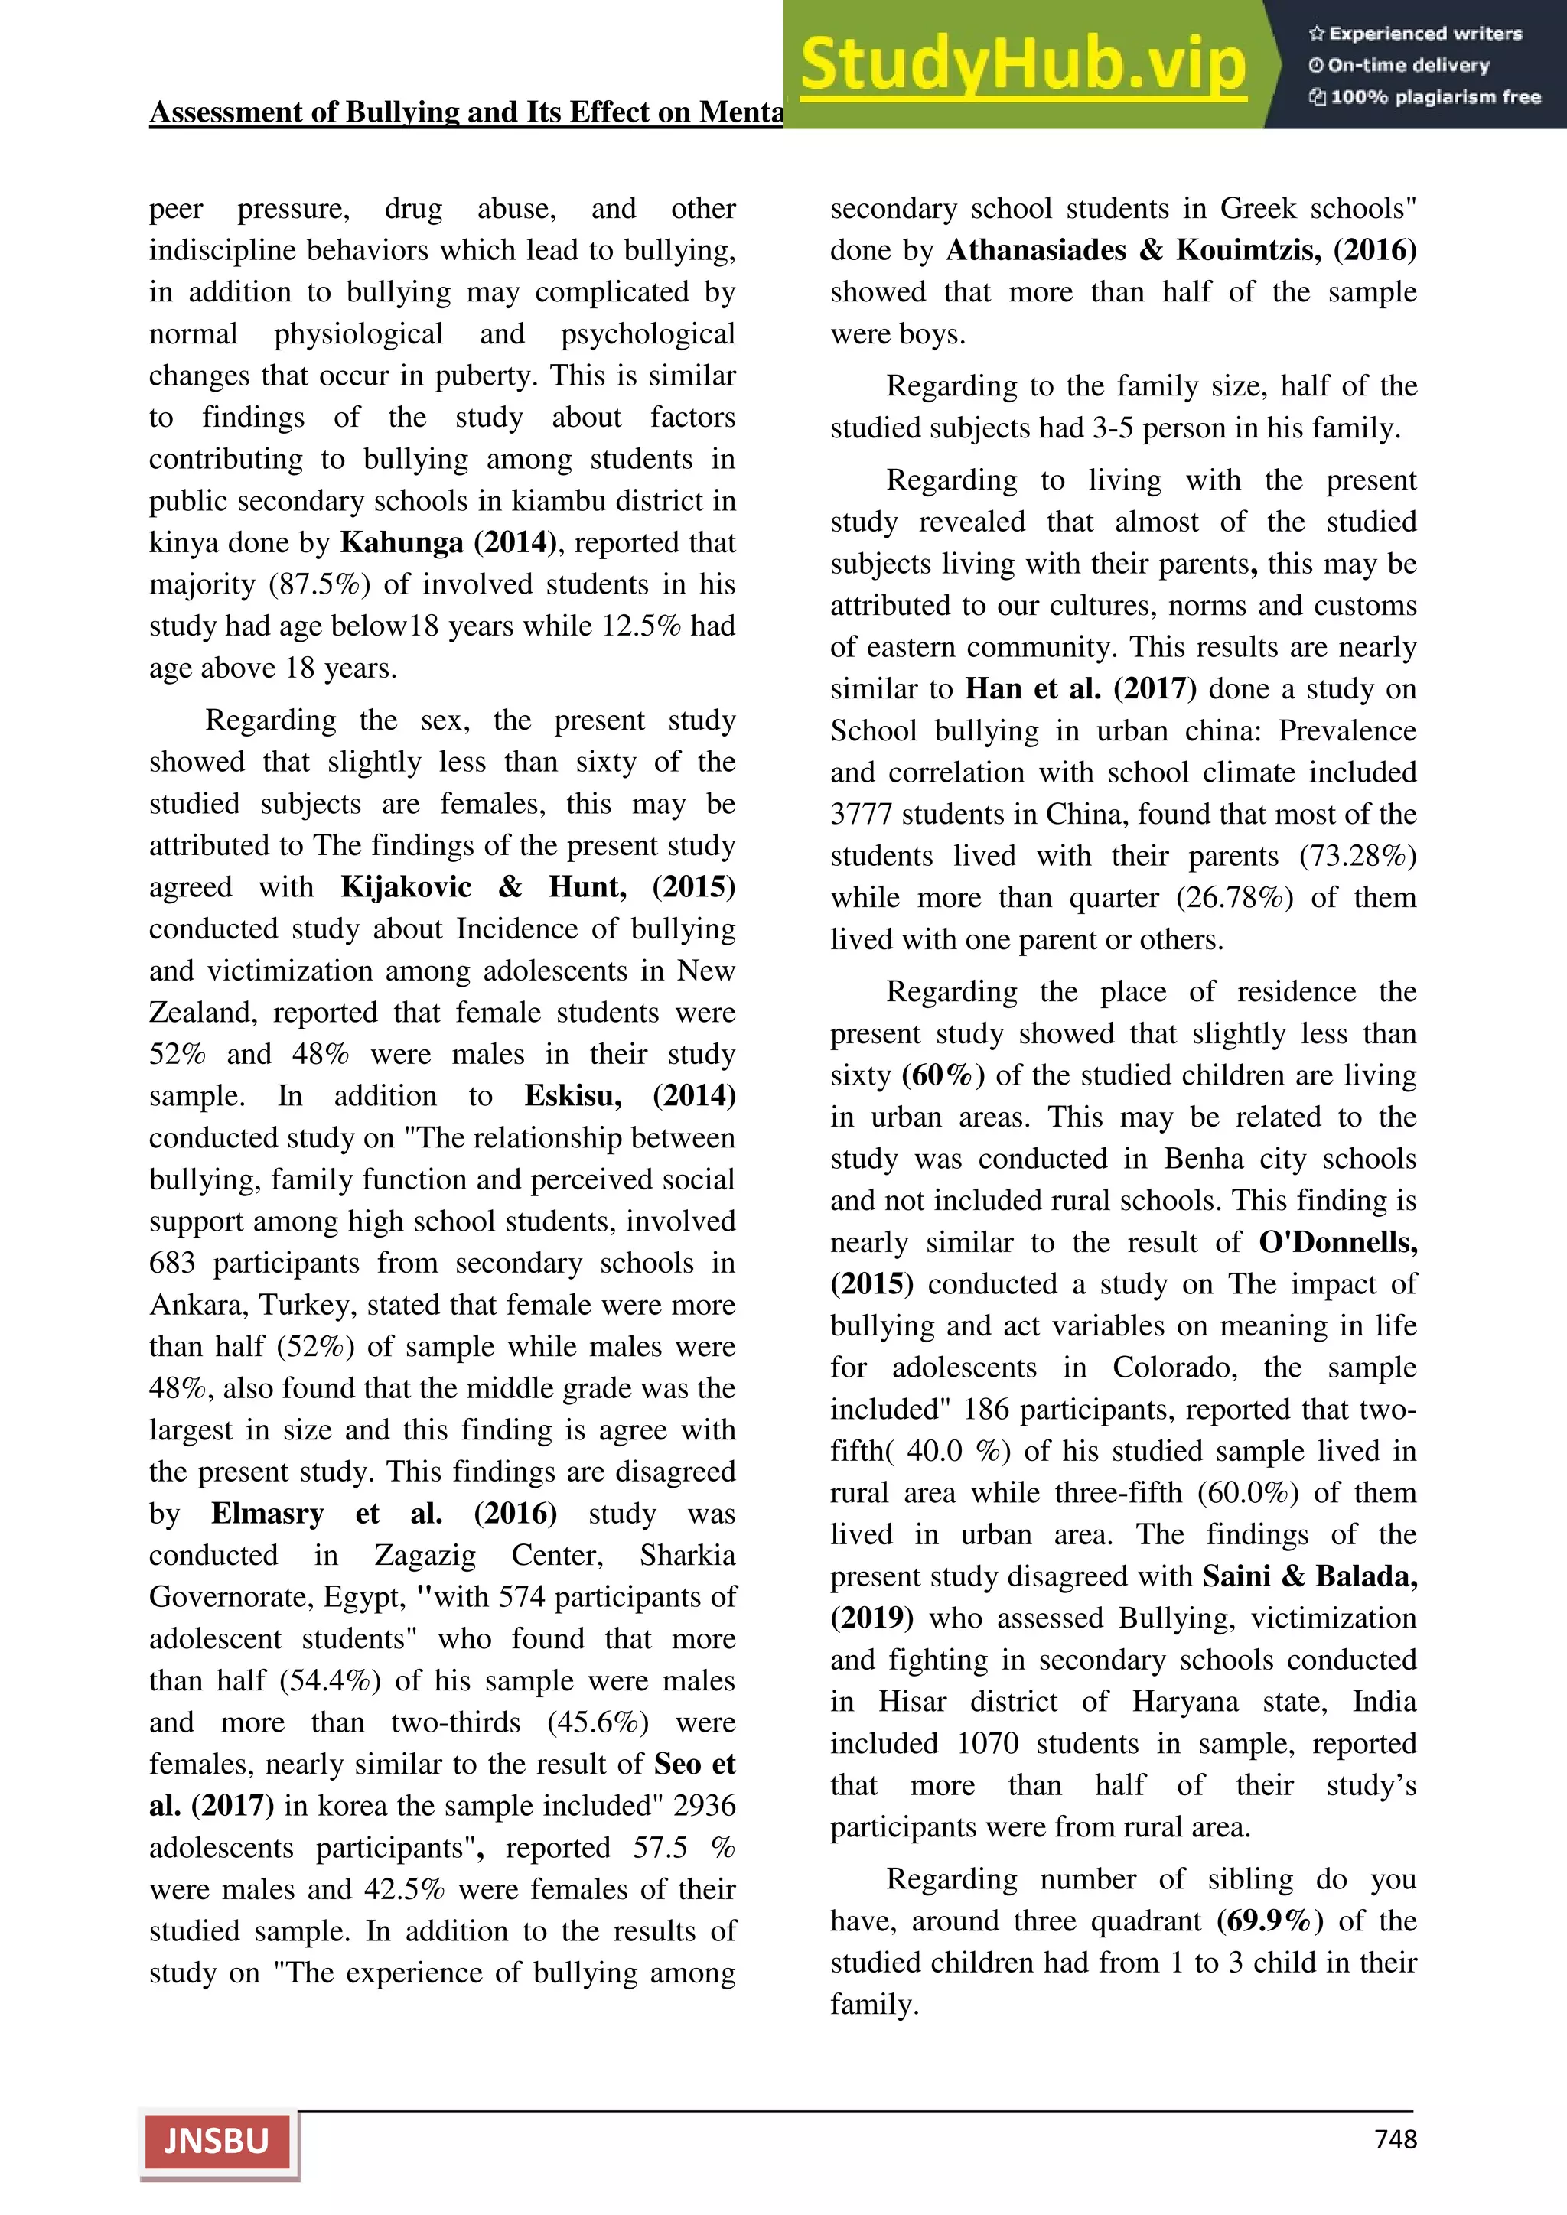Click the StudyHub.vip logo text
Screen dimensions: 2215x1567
pos(1023,65)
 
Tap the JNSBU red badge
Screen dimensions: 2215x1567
pos(217,2142)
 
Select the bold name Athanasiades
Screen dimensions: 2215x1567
pos(1035,251)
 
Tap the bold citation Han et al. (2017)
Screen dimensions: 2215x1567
pos(1080,689)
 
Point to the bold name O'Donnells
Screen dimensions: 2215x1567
pos(1337,1243)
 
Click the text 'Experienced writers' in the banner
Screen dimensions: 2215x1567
pos(1424,34)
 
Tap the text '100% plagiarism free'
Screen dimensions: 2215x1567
pos(1434,96)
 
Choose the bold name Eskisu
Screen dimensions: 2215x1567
pos(573,1096)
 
